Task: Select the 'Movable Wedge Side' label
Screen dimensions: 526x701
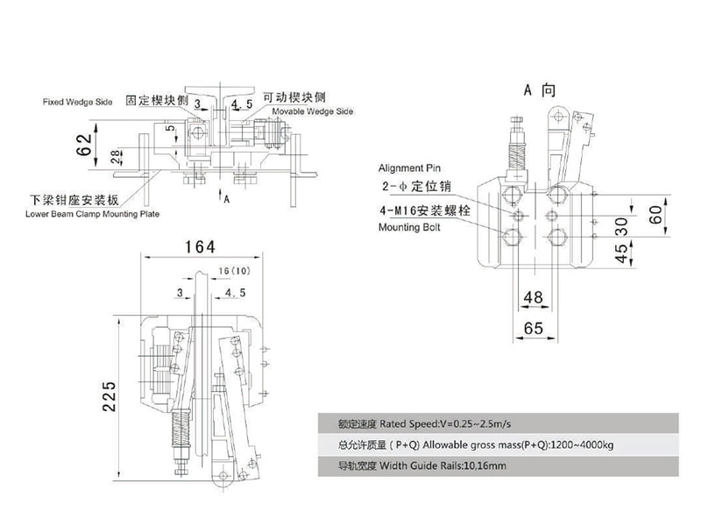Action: point(313,113)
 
